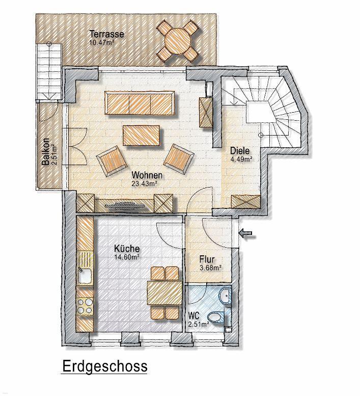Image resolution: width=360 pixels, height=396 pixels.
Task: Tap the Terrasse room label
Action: (107, 34)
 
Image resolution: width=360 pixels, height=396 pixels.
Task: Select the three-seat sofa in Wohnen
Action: (140, 103)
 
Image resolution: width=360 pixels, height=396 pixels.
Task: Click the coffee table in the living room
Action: (141, 135)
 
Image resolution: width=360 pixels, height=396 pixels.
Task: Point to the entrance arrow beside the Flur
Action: (247, 233)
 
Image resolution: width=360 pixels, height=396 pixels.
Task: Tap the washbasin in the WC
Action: (225, 295)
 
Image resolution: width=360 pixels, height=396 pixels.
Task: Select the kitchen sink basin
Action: (85, 276)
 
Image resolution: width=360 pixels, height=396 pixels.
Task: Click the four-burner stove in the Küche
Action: (85, 306)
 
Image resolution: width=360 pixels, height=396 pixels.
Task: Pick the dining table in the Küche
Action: (165, 293)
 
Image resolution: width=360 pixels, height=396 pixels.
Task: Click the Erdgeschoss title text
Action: (105, 366)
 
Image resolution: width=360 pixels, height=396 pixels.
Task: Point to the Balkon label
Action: (46, 152)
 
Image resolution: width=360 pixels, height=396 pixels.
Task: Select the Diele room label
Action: (240, 151)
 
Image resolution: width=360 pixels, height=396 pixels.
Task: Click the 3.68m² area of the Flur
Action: (211, 268)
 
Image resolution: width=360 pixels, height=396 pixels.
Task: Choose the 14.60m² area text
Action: (127, 257)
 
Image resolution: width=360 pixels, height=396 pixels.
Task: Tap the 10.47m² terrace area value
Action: (101, 42)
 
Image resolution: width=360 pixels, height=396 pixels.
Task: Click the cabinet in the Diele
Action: (246, 201)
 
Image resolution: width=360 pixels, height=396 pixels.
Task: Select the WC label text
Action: (194, 315)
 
